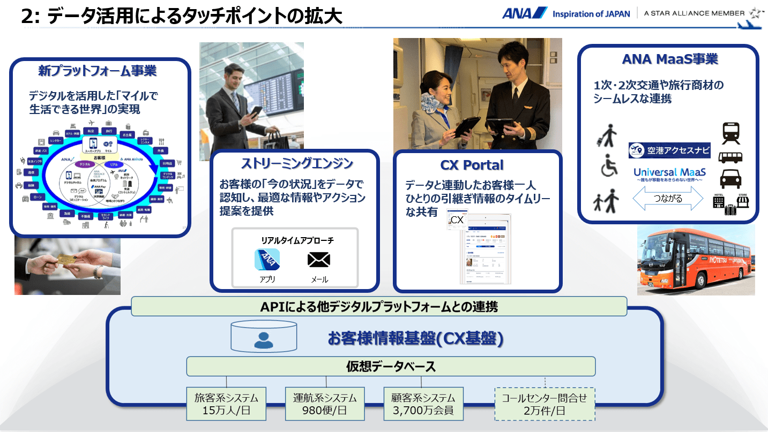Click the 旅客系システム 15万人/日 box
point(226,404)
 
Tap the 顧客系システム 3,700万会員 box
point(423,404)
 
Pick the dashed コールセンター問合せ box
point(544,404)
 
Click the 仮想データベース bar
point(391,367)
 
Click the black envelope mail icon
point(319,260)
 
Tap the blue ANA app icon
point(267,260)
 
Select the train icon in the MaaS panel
point(731,133)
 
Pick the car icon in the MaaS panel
point(730,179)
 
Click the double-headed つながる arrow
point(668,199)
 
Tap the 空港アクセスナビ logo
point(669,150)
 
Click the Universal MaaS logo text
point(669,173)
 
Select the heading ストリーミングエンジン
point(294,163)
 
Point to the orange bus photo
point(696,260)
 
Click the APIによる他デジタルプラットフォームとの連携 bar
point(379,307)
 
